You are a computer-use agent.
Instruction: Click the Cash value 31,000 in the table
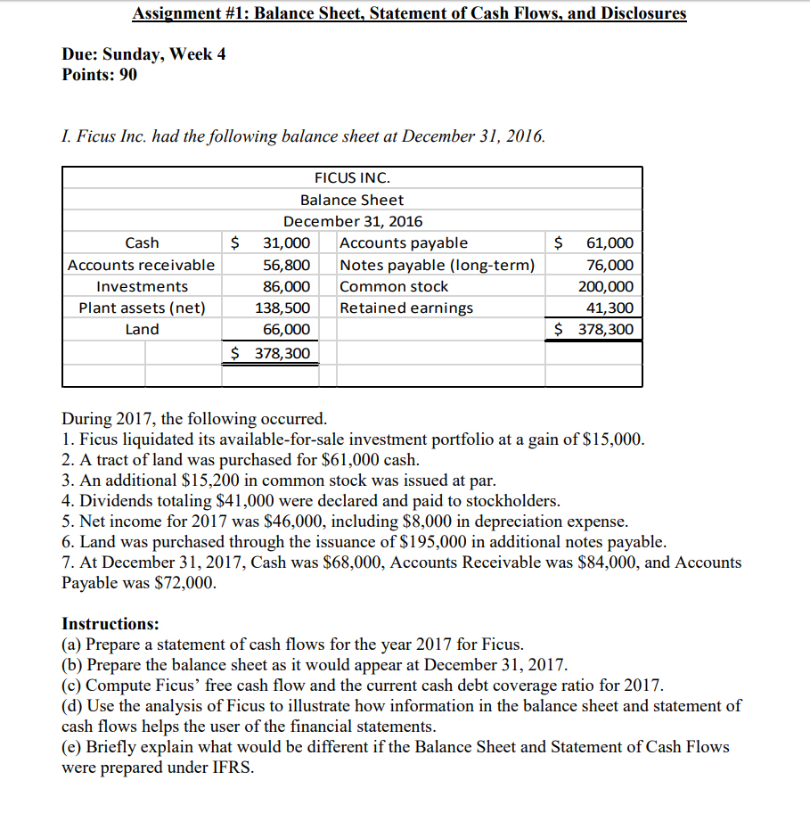coord(285,243)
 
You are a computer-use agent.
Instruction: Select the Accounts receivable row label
coord(142,265)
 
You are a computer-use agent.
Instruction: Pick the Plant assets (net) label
coord(142,308)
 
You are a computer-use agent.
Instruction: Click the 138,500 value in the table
coord(285,308)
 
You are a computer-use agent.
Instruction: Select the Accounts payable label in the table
coord(404,243)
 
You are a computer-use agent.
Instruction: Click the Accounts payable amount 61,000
coord(610,243)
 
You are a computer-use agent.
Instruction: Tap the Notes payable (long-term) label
coord(438,265)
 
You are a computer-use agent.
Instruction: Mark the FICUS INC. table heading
coord(352,178)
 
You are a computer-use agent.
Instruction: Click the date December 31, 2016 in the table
coord(352,221)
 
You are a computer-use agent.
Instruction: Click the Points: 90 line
coord(100,75)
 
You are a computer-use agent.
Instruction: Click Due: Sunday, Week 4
coord(143,54)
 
